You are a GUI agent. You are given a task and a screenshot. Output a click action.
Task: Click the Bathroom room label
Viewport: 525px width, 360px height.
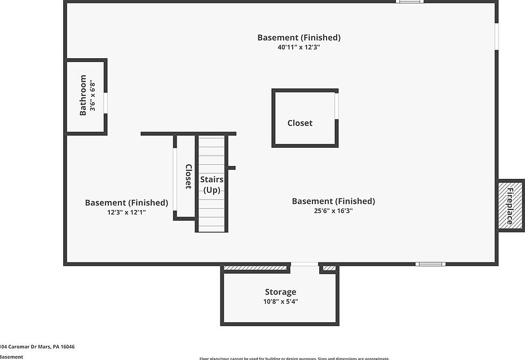pos(83,95)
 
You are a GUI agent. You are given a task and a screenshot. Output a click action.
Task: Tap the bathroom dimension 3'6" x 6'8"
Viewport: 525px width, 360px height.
pos(93,96)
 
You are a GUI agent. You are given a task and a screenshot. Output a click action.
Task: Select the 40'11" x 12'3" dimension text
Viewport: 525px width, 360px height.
pos(299,47)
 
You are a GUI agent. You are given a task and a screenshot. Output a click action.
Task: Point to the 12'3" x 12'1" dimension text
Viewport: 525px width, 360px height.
pos(126,212)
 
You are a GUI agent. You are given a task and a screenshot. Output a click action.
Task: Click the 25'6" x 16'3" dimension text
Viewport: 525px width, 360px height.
pos(333,211)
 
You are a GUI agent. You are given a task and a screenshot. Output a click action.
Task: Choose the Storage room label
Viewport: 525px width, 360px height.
pos(280,292)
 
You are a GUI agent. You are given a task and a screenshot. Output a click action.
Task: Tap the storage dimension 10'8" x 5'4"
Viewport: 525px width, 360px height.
pos(280,301)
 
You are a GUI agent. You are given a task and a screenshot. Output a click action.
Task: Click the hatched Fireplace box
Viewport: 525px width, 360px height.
pos(510,205)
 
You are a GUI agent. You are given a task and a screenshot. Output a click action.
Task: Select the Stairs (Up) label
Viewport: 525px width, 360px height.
pos(211,185)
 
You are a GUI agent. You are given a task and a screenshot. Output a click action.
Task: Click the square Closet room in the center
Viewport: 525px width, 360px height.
pos(300,123)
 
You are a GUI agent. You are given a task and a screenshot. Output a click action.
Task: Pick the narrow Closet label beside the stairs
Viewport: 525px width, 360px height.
pos(188,176)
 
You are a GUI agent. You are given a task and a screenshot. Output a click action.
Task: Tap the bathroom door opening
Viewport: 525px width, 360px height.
pos(105,103)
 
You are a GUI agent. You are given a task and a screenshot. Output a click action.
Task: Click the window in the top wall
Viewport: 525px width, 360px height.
pos(409,2)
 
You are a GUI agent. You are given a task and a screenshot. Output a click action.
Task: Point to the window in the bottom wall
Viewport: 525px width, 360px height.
pos(430,264)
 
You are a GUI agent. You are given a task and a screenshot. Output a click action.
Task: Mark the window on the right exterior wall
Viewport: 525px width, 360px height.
pos(496,36)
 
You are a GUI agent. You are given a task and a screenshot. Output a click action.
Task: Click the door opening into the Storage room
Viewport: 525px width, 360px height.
pos(305,264)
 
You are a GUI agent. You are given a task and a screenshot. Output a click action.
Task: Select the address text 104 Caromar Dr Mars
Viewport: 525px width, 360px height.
pos(37,346)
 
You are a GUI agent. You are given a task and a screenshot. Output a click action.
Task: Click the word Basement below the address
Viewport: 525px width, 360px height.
pos(11,357)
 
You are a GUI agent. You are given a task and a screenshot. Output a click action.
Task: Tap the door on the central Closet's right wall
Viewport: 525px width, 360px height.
pos(337,106)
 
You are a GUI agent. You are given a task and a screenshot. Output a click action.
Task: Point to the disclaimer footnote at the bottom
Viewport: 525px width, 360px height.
pos(294,358)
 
